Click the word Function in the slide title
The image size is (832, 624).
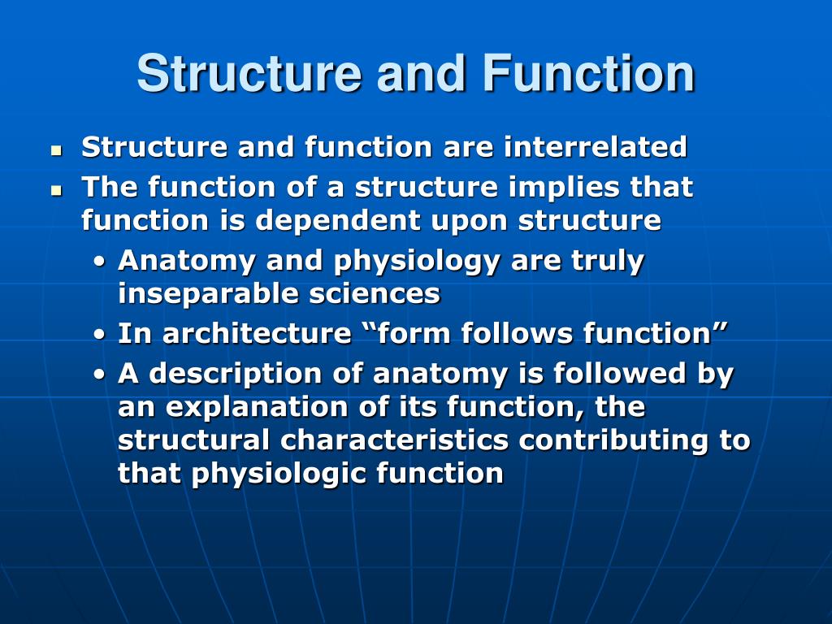(x=588, y=74)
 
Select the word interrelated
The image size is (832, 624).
(x=595, y=148)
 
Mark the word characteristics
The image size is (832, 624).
(x=395, y=440)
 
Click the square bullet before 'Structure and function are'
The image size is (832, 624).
(x=56, y=150)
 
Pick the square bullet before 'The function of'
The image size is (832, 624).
(x=56, y=190)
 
